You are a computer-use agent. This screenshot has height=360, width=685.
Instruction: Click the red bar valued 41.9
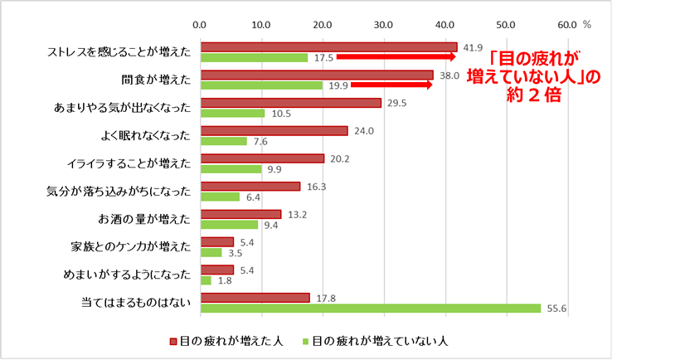point(328,46)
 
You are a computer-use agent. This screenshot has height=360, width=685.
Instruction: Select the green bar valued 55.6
point(371,309)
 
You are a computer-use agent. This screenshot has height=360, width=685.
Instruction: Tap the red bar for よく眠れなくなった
point(274,130)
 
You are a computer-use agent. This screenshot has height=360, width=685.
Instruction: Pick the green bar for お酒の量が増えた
point(229,225)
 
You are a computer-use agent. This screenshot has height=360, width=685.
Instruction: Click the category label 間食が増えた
point(156,80)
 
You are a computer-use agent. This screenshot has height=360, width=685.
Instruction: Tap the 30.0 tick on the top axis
point(383,25)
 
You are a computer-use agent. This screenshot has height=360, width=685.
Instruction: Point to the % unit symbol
point(587,25)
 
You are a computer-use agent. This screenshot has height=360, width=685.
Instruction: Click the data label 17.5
point(323,58)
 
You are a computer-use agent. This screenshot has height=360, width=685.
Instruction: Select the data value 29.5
point(396,103)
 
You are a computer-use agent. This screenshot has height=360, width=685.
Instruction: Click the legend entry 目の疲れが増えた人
point(226,341)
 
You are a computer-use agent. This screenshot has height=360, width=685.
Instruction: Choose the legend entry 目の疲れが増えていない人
point(376,341)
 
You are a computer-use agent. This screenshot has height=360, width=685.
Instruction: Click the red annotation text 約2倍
point(534,95)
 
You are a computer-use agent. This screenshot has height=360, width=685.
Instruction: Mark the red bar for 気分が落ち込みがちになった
point(250,186)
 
